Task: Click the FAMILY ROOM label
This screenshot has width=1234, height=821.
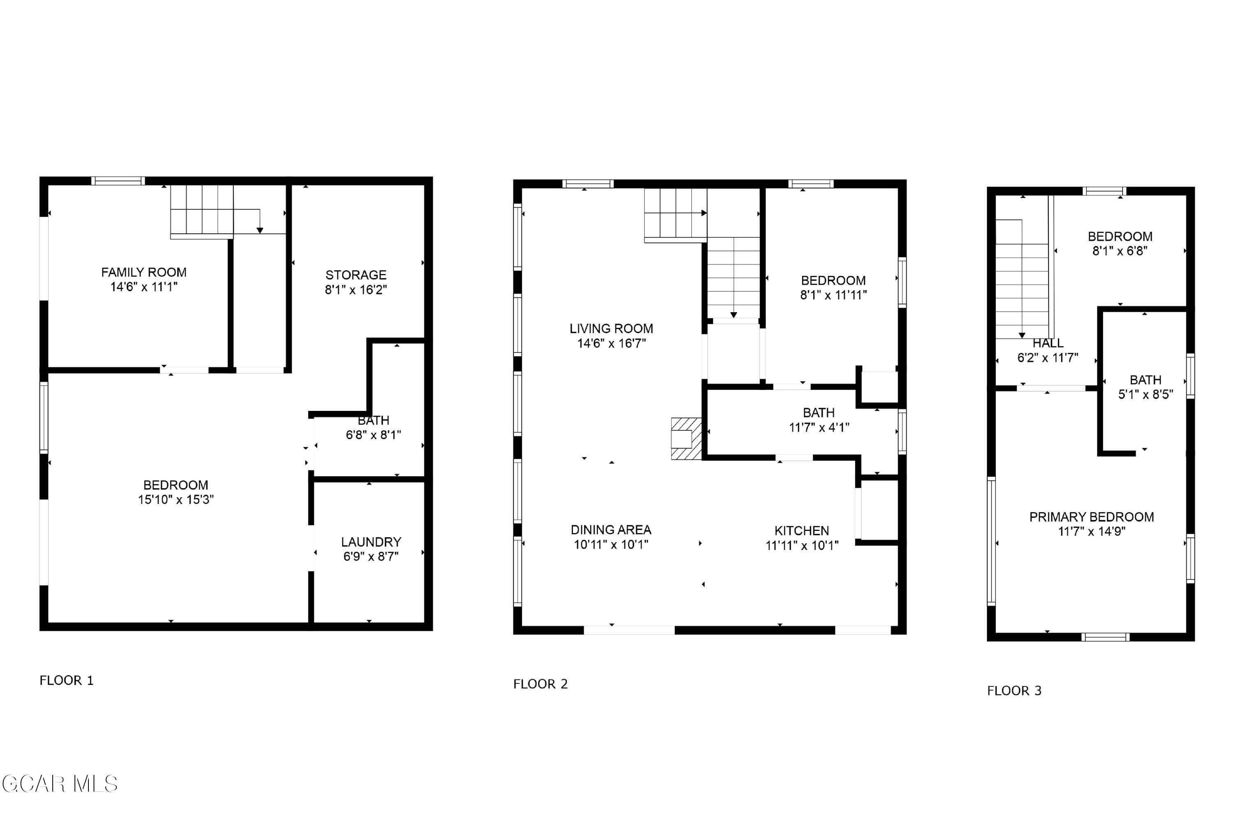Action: pyautogui.click(x=144, y=272)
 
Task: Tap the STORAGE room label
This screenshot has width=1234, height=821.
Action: pyautogui.click(x=356, y=275)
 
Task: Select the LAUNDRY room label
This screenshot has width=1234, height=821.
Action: pyautogui.click(x=371, y=542)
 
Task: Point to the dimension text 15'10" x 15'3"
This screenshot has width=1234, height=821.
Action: pyautogui.click(x=176, y=499)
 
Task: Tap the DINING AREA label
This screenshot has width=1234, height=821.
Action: pyautogui.click(x=611, y=530)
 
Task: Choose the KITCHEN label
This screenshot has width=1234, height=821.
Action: pyautogui.click(x=802, y=531)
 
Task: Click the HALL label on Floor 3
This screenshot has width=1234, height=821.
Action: pyautogui.click(x=1048, y=343)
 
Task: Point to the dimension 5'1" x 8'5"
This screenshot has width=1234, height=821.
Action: pyautogui.click(x=1146, y=394)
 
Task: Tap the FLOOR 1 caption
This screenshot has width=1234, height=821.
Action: pyautogui.click(x=67, y=681)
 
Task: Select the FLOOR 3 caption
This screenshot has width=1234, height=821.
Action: pyautogui.click(x=1014, y=691)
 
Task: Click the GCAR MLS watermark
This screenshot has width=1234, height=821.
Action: pyautogui.click(x=60, y=784)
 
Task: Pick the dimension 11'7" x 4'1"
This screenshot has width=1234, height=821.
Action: pyautogui.click(x=819, y=427)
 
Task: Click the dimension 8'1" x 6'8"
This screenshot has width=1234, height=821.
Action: pyautogui.click(x=1120, y=251)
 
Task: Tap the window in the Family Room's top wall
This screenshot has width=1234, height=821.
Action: pyautogui.click(x=118, y=181)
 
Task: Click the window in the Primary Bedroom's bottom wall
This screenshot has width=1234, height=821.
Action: pyautogui.click(x=1105, y=637)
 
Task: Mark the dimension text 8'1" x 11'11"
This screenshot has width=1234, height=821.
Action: pyautogui.click(x=833, y=295)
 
